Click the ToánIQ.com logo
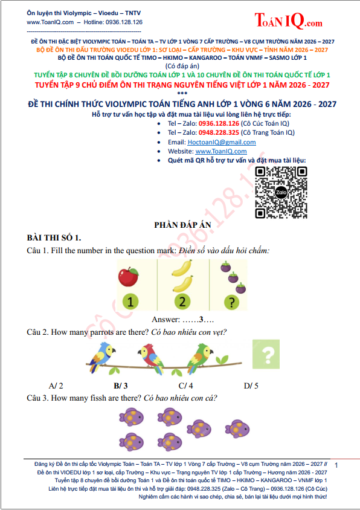pos(288,20)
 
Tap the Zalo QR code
pos(281,192)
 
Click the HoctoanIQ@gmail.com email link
pos(222,142)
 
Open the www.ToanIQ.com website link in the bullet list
pos(221,151)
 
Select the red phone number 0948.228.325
pos(219,133)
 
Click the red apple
pos(128,277)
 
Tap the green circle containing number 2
pos(182,302)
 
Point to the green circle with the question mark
pos(231,302)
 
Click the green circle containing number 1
pos(130,302)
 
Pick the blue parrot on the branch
pos(101,357)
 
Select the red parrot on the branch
pos(151,358)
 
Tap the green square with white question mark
pos(266,354)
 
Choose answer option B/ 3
pos(121,386)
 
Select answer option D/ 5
pos(251,386)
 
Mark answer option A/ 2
pos(56,386)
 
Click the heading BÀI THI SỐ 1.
pos(54,237)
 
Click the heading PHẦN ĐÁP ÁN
pos(182,225)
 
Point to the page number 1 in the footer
pos(336,465)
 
